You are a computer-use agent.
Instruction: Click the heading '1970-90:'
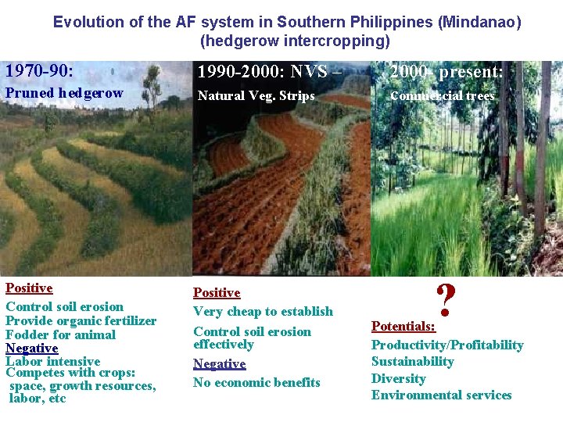pyautogui.click(x=39, y=71)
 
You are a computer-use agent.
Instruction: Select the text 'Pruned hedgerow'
pyautogui.click(x=64, y=93)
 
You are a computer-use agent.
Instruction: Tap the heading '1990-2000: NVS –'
pyautogui.click(x=269, y=72)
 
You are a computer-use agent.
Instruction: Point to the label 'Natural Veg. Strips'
pyautogui.click(x=256, y=96)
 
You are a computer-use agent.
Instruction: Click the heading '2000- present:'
pyautogui.click(x=446, y=72)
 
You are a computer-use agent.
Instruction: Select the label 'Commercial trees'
pyautogui.click(x=442, y=96)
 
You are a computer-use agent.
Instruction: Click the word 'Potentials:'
pyautogui.click(x=403, y=326)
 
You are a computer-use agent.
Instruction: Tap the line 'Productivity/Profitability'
pyautogui.click(x=446, y=345)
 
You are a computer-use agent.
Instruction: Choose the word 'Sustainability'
pyautogui.click(x=412, y=361)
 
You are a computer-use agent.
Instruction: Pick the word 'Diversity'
pyautogui.click(x=398, y=378)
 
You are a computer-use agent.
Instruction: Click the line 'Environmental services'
pyautogui.click(x=441, y=395)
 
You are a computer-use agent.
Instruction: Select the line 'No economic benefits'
pyautogui.click(x=256, y=382)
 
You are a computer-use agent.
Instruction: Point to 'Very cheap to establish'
pyautogui.click(x=263, y=311)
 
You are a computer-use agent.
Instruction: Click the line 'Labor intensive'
pyautogui.click(x=52, y=361)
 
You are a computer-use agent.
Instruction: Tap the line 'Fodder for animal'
pyautogui.click(x=60, y=334)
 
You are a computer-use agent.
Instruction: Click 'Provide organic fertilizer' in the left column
pyautogui.click(x=81, y=320)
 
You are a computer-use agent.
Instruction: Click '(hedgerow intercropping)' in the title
pyautogui.click(x=294, y=40)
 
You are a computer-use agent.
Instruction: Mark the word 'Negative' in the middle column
pyautogui.click(x=219, y=363)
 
